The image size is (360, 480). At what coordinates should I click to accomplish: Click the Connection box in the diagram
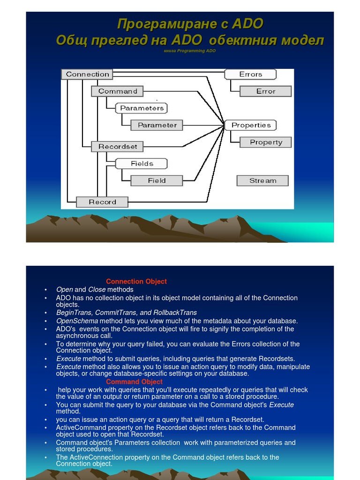pyautogui.click(x=87, y=74)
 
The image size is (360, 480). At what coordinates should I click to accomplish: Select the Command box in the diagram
pyautogui.click(x=118, y=91)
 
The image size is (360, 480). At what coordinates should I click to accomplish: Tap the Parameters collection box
pyautogui.click(x=142, y=108)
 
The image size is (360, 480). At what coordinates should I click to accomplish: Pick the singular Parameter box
pyautogui.click(x=157, y=125)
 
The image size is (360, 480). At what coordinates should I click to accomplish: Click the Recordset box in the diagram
pyautogui.click(x=118, y=146)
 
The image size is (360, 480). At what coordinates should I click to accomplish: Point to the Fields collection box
pyautogui.click(x=142, y=164)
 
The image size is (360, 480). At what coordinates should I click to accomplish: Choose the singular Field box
pyautogui.click(x=157, y=180)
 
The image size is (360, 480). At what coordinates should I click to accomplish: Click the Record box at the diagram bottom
pyautogui.click(x=102, y=202)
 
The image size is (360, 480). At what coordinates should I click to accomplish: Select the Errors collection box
pyautogui.click(x=250, y=74)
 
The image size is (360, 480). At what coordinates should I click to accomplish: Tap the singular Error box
pyautogui.click(x=265, y=91)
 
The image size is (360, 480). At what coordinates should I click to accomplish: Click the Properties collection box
pyautogui.click(x=251, y=125)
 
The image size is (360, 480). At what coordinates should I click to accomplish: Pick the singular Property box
pyautogui.click(x=266, y=142)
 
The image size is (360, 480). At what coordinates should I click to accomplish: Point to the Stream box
pyautogui.click(x=262, y=180)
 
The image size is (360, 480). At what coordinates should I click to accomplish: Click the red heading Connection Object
pyautogui.click(x=136, y=281)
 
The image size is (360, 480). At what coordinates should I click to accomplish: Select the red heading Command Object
pyautogui.click(x=134, y=382)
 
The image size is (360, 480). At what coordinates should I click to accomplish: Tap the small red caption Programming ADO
pyautogui.click(x=190, y=51)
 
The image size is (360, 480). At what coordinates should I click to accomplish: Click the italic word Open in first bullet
pyautogui.click(x=64, y=290)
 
